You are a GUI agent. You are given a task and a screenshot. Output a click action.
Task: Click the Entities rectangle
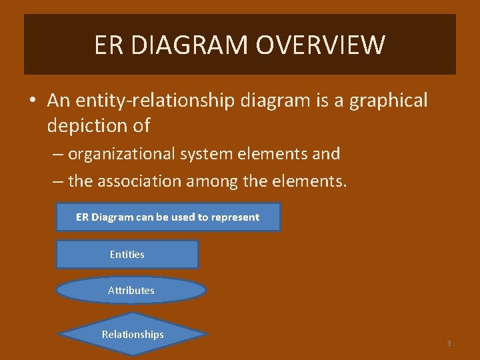click(x=127, y=254)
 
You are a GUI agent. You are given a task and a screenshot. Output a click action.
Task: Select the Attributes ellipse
click(x=131, y=290)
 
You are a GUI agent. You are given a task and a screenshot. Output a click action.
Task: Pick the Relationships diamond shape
click(x=133, y=334)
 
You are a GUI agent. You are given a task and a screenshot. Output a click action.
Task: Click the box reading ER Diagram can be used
click(x=167, y=217)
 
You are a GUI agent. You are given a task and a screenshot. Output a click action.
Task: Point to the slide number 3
click(x=449, y=343)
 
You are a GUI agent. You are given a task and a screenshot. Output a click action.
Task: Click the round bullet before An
click(x=33, y=101)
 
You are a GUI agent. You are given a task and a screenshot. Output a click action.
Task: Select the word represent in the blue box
click(x=235, y=217)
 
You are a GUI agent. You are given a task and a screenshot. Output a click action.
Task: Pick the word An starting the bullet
click(x=58, y=101)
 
